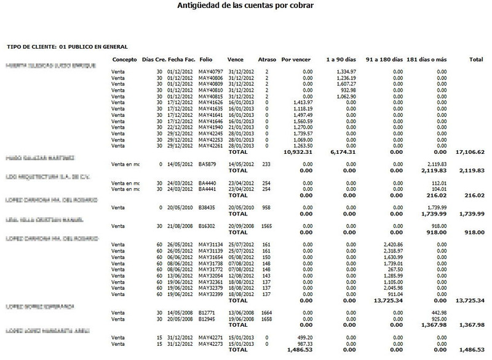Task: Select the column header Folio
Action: pyautogui.click(x=207, y=60)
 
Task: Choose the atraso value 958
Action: pyautogui.click(x=267, y=208)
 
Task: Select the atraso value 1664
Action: pyautogui.click(x=268, y=313)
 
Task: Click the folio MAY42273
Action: pyautogui.click(x=210, y=343)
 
